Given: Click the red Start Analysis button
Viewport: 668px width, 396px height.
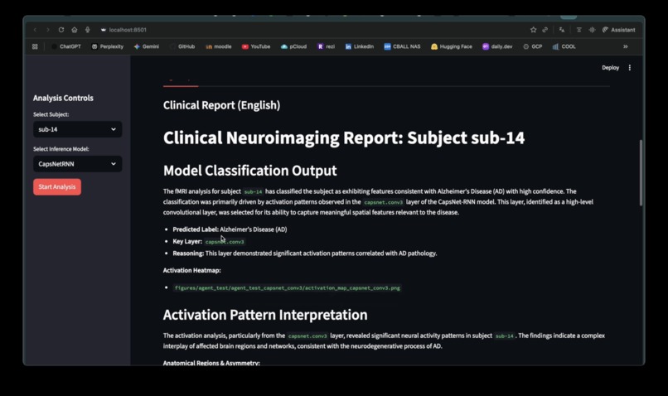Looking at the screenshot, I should [x=57, y=186].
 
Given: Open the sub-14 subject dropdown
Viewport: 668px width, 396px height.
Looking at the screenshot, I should [x=77, y=129].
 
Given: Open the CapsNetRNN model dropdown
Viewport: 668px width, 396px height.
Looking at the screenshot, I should [x=77, y=164].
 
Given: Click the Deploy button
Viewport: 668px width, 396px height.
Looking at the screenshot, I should [x=610, y=68].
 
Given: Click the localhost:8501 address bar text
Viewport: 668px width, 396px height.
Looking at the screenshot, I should [x=128, y=30].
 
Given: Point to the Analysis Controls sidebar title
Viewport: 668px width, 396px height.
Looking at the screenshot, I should [x=63, y=98].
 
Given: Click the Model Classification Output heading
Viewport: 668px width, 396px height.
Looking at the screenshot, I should [x=249, y=171].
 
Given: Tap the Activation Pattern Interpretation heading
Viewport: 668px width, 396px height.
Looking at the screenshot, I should [x=265, y=315].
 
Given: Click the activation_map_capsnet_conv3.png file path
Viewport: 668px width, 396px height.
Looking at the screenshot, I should [x=287, y=287].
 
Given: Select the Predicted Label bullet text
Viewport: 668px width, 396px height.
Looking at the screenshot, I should [x=230, y=229].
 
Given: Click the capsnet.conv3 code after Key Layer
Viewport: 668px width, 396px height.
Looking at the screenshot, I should [x=225, y=242].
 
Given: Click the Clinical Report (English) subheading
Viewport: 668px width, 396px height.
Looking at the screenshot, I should [x=221, y=105].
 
